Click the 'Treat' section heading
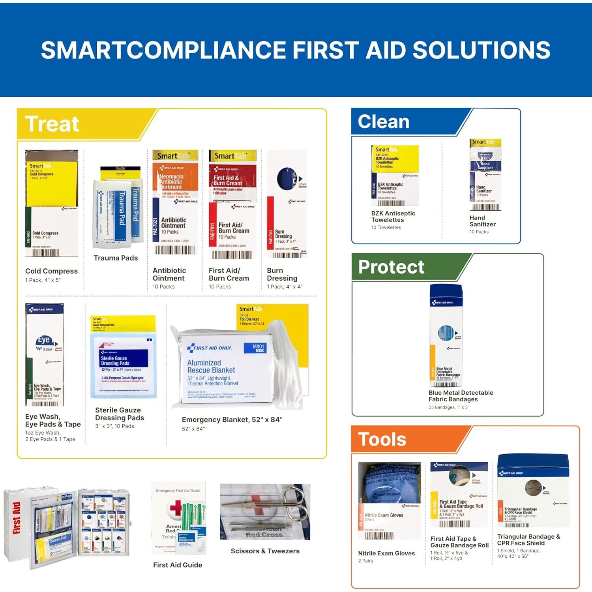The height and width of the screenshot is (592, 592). [52, 124]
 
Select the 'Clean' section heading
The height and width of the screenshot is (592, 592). [383, 122]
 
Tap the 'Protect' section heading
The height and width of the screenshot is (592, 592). [391, 267]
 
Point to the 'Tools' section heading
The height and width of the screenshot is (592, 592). [382, 439]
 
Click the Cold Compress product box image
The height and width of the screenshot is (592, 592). [51, 204]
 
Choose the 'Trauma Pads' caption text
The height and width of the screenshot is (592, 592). [116, 258]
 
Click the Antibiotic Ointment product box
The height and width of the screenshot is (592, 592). [175, 203]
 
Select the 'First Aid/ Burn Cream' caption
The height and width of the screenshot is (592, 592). [229, 274]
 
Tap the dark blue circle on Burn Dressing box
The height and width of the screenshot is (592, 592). [287, 178]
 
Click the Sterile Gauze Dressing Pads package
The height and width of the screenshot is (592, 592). [124, 357]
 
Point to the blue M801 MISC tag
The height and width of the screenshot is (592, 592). [259, 348]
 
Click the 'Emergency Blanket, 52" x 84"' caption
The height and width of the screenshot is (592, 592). [232, 420]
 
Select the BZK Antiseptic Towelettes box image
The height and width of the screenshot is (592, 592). [395, 176]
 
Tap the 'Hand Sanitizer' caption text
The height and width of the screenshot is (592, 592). [482, 221]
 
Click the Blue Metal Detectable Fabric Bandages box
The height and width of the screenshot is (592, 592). [446, 335]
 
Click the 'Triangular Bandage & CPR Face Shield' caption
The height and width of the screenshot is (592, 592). [528, 540]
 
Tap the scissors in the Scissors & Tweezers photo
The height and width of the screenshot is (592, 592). [284, 505]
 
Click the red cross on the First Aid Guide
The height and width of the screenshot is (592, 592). [176, 508]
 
